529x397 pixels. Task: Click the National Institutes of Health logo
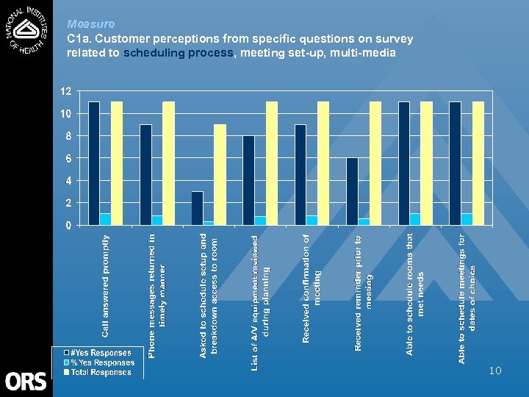tap(26, 34)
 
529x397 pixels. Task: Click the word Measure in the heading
tap(90, 24)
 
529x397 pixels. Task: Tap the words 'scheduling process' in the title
tap(178, 53)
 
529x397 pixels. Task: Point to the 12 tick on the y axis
tap(65, 91)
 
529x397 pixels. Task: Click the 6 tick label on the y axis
tap(68, 158)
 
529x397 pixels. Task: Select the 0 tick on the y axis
tap(68, 225)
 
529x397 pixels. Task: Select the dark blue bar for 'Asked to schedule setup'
tap(197, 208)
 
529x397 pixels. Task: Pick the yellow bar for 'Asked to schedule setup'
tap(220, 175)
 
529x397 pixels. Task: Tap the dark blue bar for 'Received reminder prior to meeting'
tap(352, 191)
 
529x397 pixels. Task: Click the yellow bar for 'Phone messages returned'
tap(168, 163)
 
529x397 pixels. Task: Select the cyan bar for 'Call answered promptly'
tap(105, 219)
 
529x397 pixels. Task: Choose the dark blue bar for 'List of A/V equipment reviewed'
tap(248, 180)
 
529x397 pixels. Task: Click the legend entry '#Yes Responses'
tap(101, 353)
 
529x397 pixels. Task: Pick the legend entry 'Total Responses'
tap(101, 372)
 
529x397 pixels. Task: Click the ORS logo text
tap(26, 382)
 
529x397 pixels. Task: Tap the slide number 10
tap(494, 371)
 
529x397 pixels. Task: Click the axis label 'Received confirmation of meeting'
tap(312, 287)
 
